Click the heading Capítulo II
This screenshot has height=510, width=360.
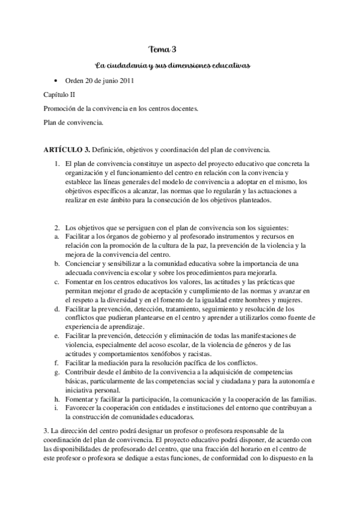point(59,94)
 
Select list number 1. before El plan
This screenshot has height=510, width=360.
point(56,164)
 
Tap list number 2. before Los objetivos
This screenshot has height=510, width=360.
point(56,228)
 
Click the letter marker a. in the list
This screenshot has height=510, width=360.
point(56,237)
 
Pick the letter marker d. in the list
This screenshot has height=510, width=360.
point(56,309)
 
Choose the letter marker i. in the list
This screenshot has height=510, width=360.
point(55,408)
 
